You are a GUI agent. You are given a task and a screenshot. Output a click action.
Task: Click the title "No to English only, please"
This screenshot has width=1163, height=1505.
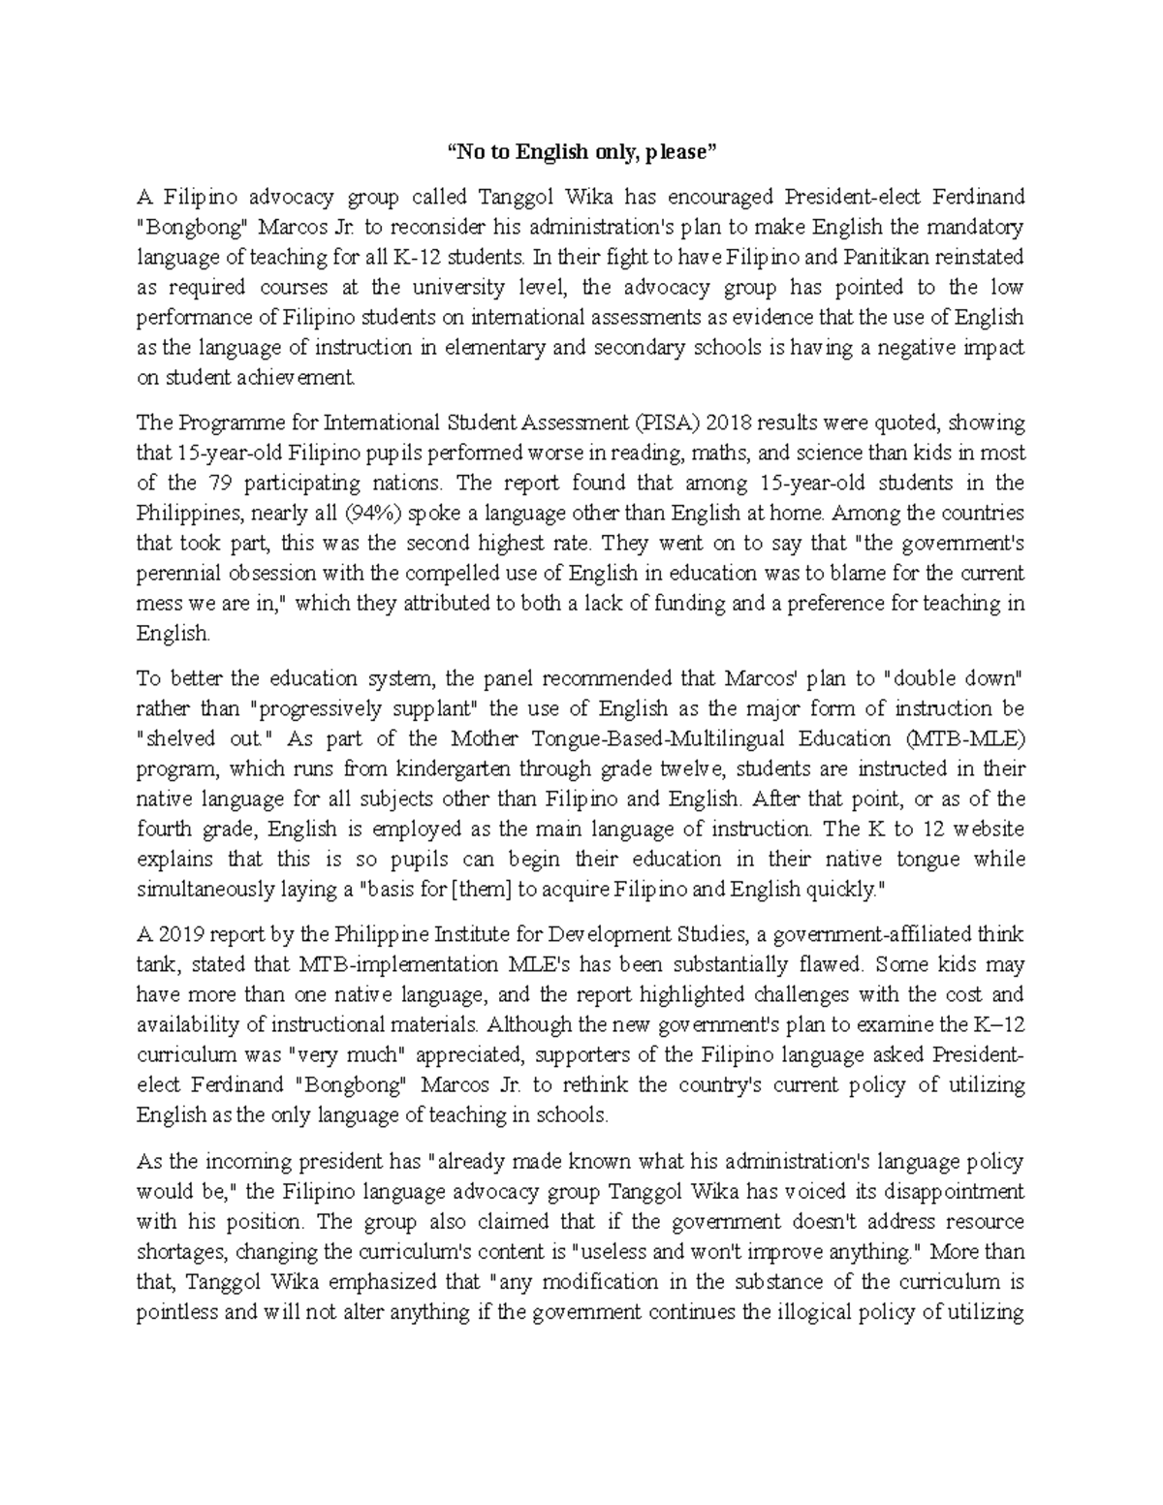pos(581,151)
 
